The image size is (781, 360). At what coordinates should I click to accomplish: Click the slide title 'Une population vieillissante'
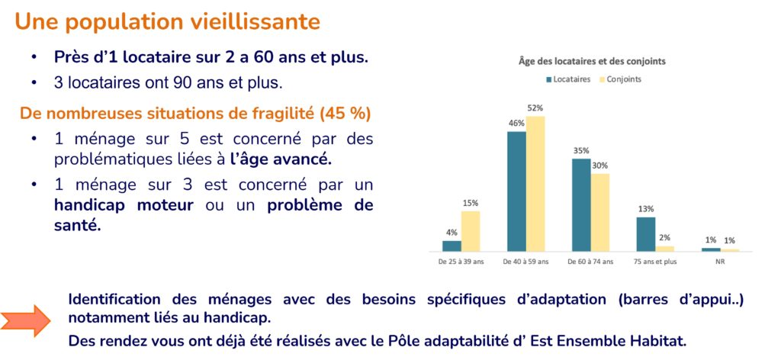coord(167,21)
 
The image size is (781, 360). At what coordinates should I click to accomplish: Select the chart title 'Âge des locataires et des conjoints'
coord(593,62)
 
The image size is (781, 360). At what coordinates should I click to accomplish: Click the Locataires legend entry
coord(569,79)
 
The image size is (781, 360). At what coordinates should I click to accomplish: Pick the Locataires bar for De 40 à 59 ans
coord(516,191)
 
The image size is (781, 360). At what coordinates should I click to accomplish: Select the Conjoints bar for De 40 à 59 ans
coord(536,184)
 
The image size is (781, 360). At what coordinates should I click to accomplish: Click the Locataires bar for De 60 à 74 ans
coord(581,204)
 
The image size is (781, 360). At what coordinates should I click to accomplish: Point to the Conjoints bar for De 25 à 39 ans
coord(471,230)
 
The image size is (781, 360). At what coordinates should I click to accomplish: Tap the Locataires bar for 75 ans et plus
coord(646,233)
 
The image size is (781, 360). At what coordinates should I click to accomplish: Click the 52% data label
coord(537,108)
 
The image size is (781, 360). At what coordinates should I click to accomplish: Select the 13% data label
coord(646,209)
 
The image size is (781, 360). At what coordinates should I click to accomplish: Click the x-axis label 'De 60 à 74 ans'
coord(591,261)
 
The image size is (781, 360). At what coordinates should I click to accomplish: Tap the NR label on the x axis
coord(721,261)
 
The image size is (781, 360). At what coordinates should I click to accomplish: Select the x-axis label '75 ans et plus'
coord(656,261)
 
